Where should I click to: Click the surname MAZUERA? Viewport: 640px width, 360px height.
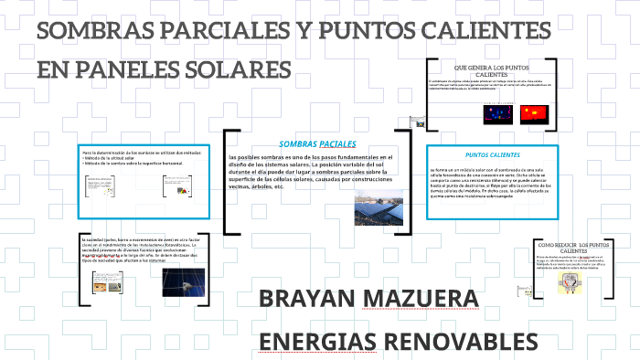pyautogui.click(x=427, y=300)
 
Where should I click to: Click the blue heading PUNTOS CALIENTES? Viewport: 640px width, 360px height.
pyautogui.click(x=492, y=154)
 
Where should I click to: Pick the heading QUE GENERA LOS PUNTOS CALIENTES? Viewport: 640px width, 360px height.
pyautogui.click(x=492, y=71)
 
